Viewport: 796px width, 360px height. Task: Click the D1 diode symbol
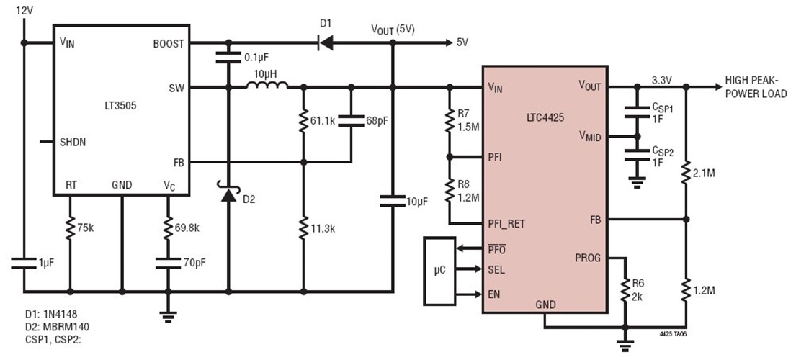coord(326,43)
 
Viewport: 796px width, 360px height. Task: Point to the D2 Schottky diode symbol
coord(228,194)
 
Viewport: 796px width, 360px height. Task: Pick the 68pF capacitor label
coord(375,120)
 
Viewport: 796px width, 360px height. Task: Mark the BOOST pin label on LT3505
coord(169,43)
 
